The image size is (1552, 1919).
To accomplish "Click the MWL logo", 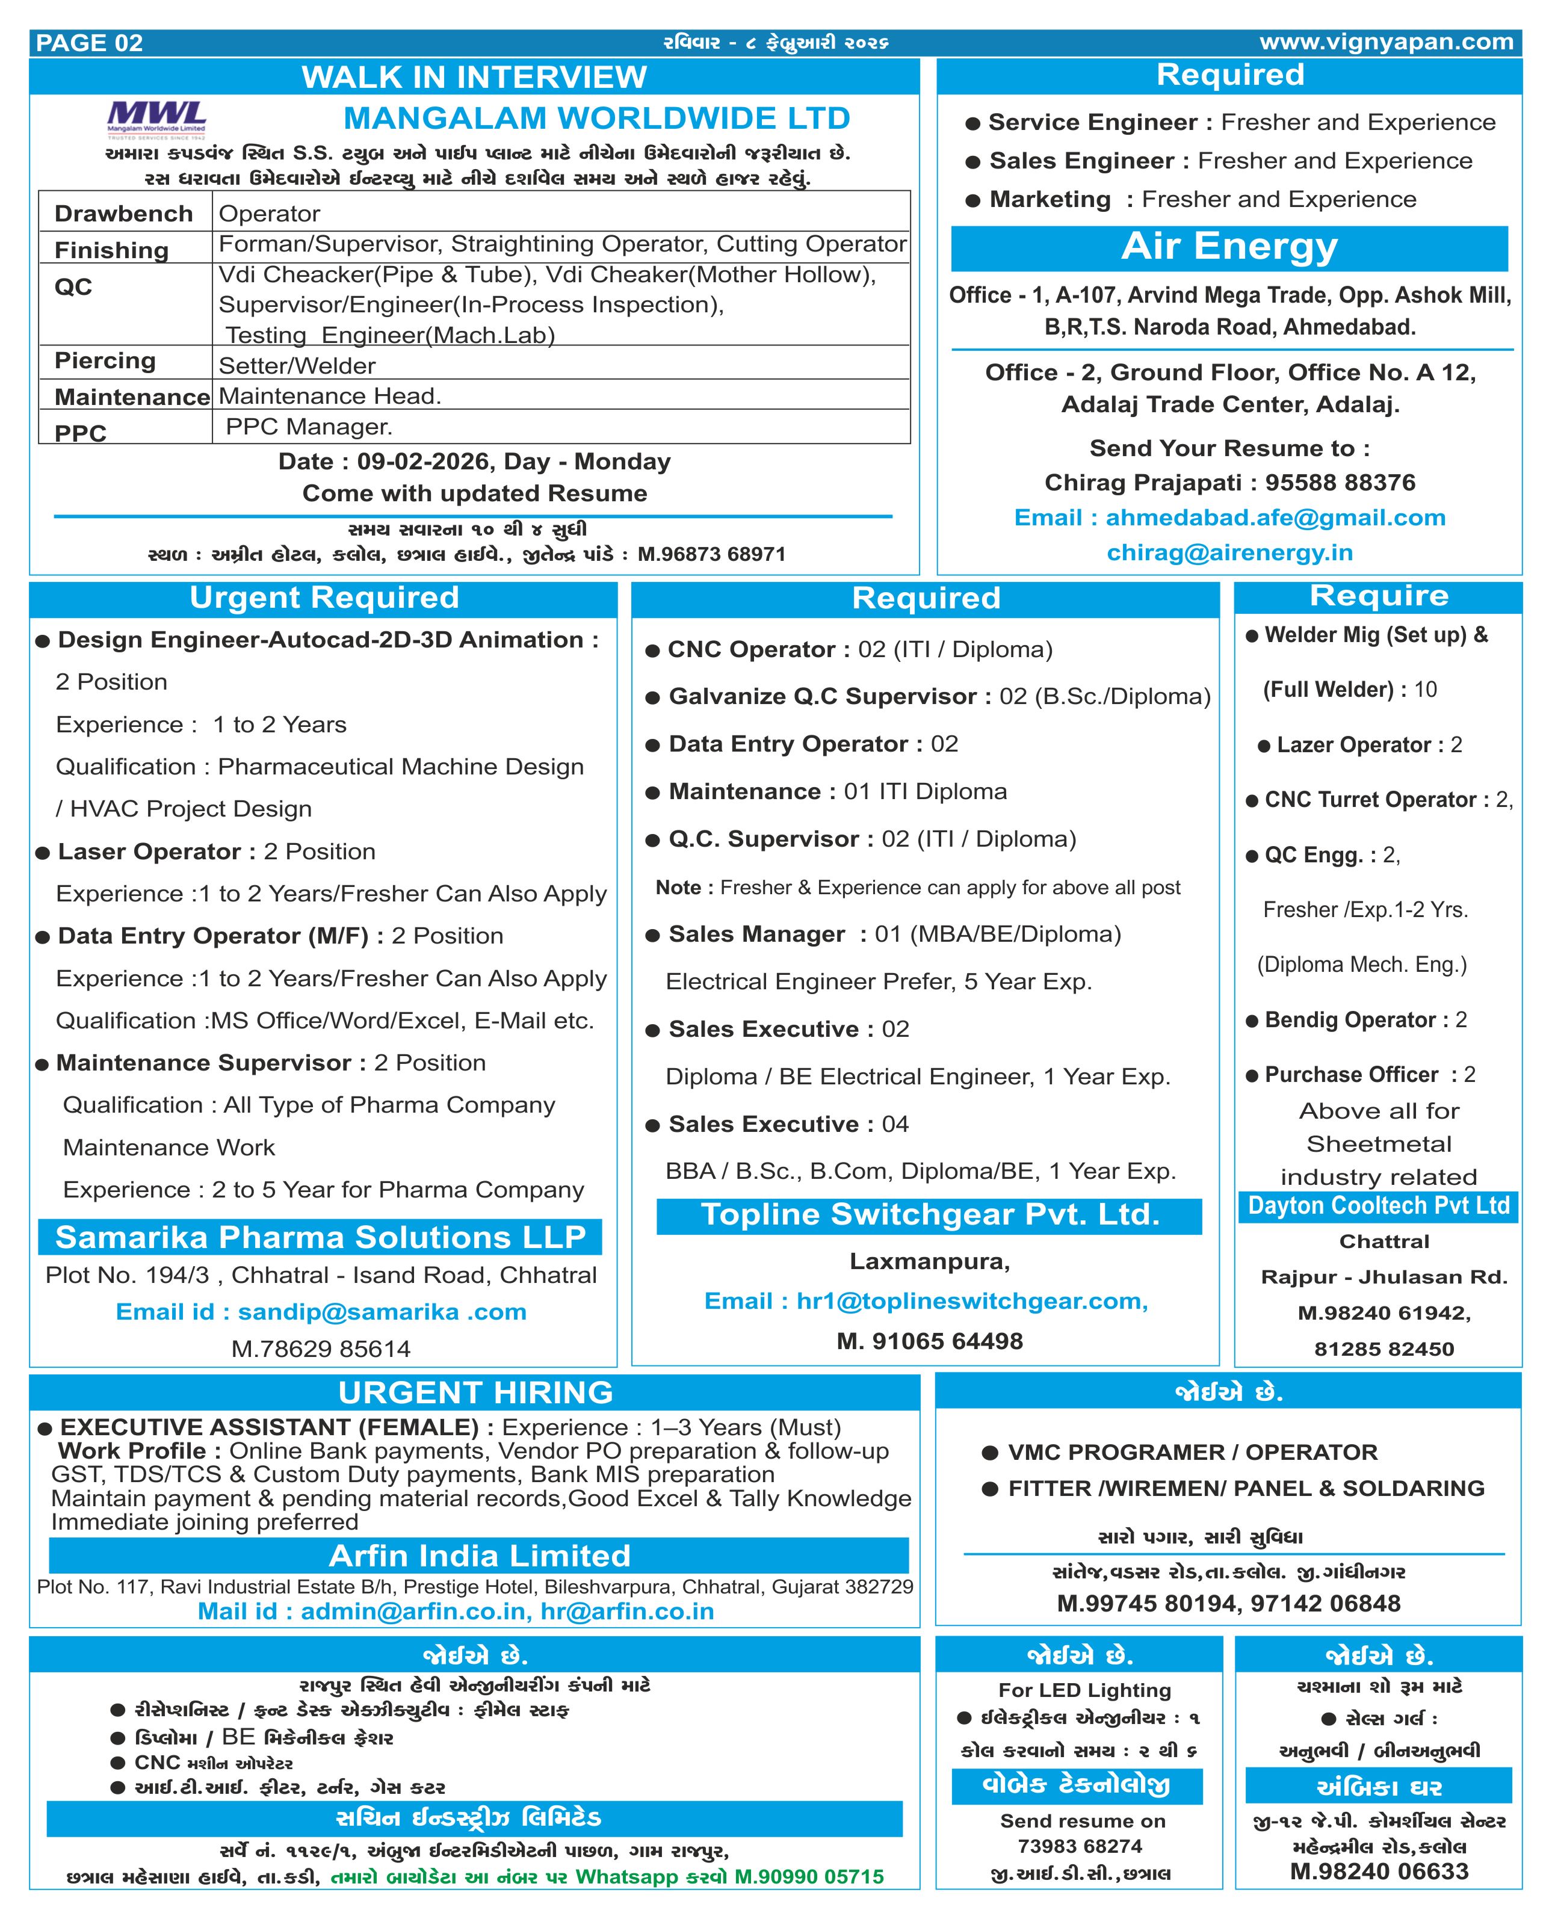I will (156, 120).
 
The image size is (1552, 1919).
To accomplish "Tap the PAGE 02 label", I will (90, 43).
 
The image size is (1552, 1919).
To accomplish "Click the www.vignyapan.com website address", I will (1386, 42).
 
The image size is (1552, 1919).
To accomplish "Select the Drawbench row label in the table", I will (123, 214).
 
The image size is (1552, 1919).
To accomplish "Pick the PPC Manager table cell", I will (309, 427).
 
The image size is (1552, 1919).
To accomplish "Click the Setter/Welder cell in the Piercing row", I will (297, 365).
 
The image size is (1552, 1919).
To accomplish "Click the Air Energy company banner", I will (1229, 247).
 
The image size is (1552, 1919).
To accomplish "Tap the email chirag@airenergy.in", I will (1229, 552).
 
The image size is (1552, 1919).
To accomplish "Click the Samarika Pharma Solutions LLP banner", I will (320, 1237).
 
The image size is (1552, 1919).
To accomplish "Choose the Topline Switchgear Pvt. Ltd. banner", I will (929, 1215).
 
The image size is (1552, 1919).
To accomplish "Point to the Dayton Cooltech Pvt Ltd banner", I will (1377, 1206).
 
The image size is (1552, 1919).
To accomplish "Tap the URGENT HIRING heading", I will (475, 1392).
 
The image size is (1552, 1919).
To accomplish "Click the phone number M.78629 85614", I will (321, 1349).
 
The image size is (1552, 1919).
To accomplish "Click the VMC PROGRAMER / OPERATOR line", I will (1192, 1453).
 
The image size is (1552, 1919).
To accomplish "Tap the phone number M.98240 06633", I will (1379, 1871).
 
